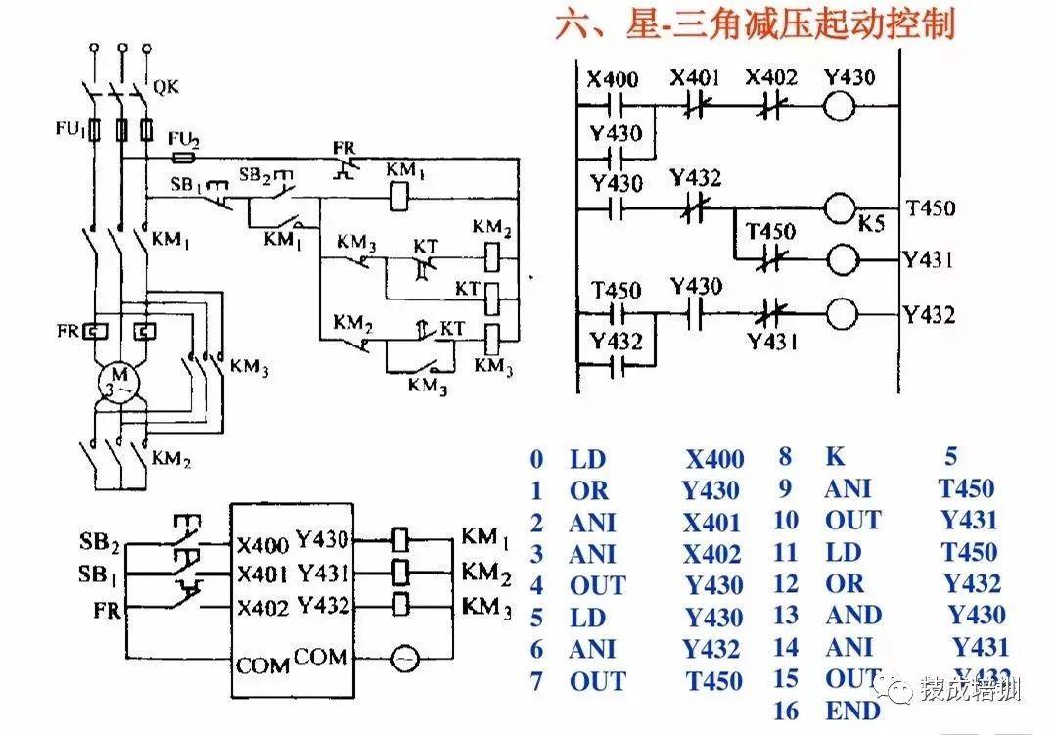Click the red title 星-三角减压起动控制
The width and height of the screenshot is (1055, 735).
coord(755,23)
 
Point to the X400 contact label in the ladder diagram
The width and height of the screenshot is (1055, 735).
coord(613,78)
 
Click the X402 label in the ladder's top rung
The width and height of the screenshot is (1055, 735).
coord(771,78)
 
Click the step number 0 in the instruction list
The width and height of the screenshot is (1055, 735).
coord(535,460)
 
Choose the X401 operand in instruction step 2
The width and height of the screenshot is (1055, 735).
coord(711,523)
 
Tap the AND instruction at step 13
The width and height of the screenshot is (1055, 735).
coord(853,616)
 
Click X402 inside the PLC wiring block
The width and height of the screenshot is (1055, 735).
coord(262,608)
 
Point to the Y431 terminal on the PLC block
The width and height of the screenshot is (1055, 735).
coord(323,573)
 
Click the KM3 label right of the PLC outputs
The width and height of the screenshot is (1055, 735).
coord(486,606)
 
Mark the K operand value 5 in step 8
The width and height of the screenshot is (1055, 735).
coord(951,456)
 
